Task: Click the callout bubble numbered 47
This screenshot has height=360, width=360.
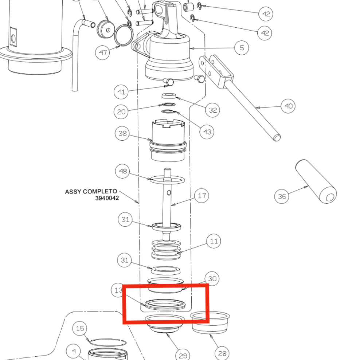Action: pyautogui.click(x=103, y=53)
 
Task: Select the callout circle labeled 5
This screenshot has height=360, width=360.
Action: pyautogui.click(x=242, y=48)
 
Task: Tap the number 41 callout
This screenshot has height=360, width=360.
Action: pyautogui.click(x=121, y=92)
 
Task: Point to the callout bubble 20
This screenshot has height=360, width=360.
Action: pyautogui.click(x=121, y=111)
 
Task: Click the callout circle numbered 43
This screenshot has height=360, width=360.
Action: pyautogui.click(x=207, y=131)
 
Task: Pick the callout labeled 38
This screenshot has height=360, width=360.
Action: pyautogui.click(x=122, y=133)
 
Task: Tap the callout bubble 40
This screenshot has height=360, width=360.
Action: pyautogui.click(x=288, y=106)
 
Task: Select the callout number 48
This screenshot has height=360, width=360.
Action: pyautogui.click(x=123, y=171)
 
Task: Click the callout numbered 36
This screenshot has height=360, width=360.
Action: pyautogui.click(x=282, y=196)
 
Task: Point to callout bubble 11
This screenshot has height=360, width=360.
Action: pyautogui.click(x=214, y=241)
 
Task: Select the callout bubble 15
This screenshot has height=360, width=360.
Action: pyautogui.click(x=80, y=329)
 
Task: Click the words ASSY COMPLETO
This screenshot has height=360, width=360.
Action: pyautogui.click(x=91, y=191)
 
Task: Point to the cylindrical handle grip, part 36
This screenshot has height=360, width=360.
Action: pyautogui.click(x=316, y=186)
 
